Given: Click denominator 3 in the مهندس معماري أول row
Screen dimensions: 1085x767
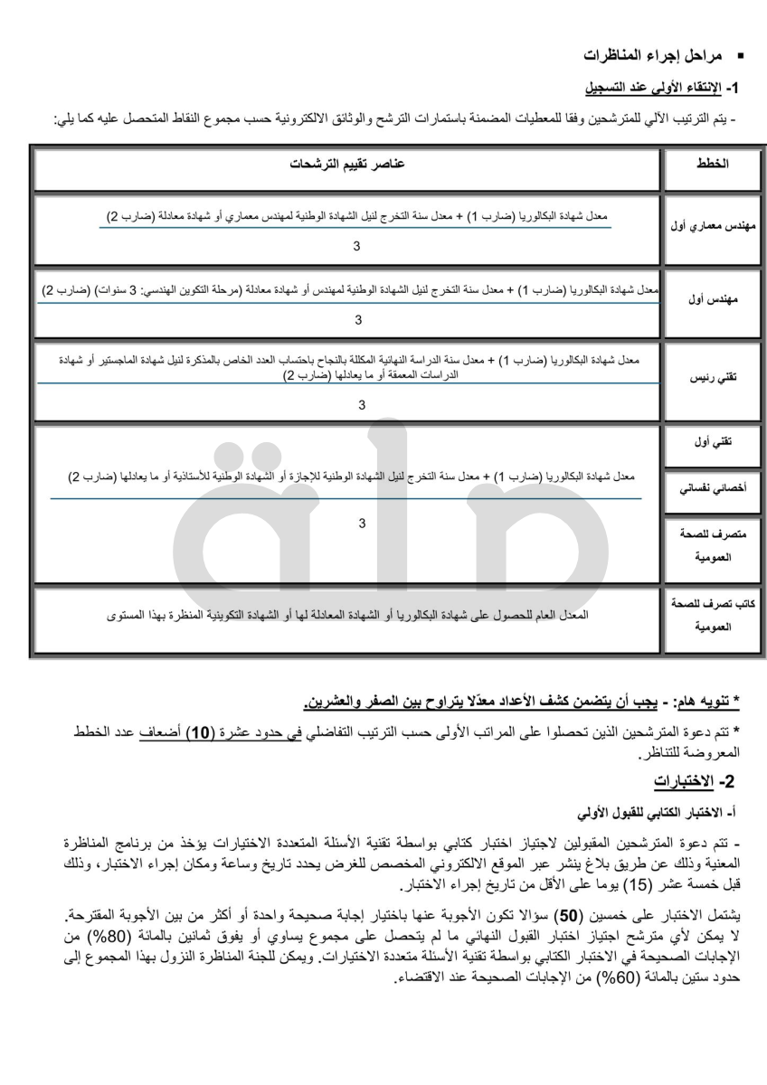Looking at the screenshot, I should [356, 246].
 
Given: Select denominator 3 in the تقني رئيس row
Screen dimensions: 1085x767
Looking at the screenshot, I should [361, 406].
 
